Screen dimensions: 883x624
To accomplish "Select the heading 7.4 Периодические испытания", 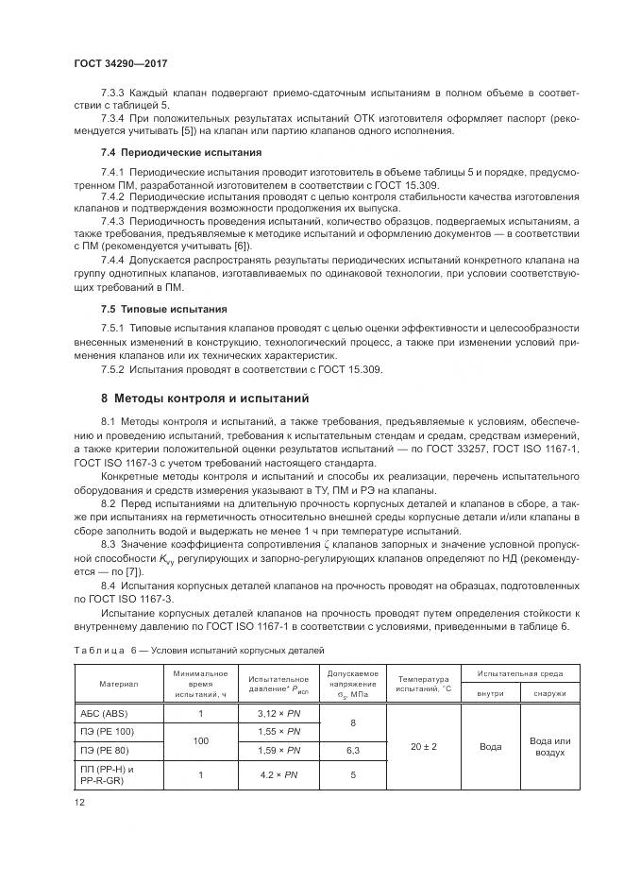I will [x=175, y=152].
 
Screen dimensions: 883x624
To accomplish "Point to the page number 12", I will [x=79, y=802].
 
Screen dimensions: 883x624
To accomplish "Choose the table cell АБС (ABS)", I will [x=101, y=713].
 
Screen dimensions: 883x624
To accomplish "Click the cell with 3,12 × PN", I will [x=278, y=713].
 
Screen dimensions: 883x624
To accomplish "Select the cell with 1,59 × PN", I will [x=278, y=751].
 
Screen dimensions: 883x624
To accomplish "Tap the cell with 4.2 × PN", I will [x=278, y=775].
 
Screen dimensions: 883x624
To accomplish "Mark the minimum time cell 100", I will [x=200, y=741].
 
